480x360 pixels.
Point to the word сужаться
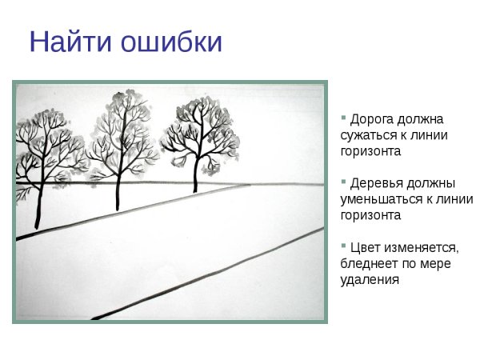(366, 134)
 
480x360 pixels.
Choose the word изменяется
(424, 249)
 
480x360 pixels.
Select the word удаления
(370, 280)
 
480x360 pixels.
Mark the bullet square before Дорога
(344, 117)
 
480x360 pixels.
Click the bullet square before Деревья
(344, 182)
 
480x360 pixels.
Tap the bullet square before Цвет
(344, 246)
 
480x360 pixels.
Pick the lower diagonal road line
(208, 275)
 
